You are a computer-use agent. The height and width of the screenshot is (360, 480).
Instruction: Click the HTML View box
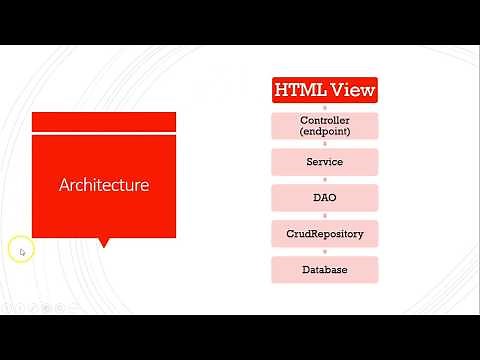325,90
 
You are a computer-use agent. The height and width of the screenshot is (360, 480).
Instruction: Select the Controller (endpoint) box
325,125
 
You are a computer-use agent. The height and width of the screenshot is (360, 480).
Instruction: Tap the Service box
325,162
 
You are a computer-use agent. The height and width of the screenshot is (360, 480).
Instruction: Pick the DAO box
325,198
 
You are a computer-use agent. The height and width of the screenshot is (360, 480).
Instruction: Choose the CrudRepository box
325,234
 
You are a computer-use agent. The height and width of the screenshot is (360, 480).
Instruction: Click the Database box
325,270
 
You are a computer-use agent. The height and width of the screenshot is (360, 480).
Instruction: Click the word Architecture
104,185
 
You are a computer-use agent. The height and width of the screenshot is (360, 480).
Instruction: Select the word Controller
325,120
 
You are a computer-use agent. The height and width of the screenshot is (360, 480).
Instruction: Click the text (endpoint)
325,131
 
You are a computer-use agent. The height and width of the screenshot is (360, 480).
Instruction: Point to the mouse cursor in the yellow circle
22,251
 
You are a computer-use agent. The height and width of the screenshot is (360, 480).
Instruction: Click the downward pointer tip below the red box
104,245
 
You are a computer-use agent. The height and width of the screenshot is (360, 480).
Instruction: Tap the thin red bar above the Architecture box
104,122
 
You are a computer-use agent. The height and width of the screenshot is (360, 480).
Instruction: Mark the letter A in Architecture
64,185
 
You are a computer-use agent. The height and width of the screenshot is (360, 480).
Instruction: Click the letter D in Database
306,270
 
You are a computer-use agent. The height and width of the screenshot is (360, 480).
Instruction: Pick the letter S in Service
310,162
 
